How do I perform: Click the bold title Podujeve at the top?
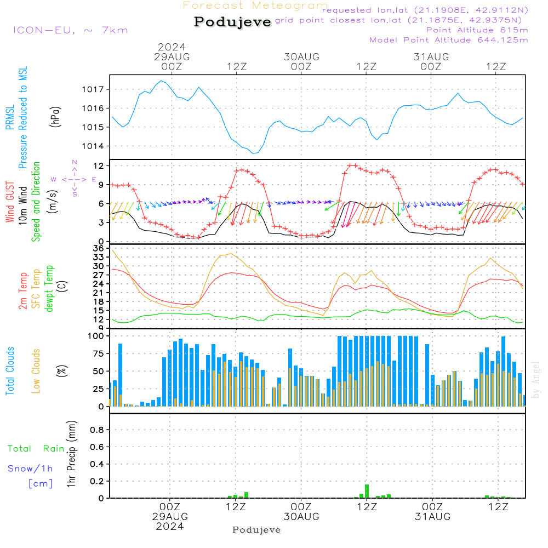pos(232,22)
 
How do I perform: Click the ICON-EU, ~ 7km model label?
pos(71,30)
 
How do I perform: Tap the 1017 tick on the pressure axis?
pos(93,89)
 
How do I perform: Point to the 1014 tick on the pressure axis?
pos(93,146)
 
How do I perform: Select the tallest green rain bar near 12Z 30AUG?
pos(367,490)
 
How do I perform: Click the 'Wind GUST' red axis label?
pos(10,202)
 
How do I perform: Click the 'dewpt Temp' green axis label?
pos(49,288)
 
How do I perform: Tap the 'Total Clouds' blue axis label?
pos(10,371)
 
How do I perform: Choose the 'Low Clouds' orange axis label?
pos(36,371)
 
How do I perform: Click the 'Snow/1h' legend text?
pos(30,469)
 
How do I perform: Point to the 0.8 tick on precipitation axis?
pos(97,430)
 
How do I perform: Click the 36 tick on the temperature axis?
pos(99,248)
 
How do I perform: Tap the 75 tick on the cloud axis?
pos(99,353)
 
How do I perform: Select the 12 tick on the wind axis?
pos(99,165)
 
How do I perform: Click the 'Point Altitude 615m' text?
pos(477,30)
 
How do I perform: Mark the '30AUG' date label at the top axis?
pos(301,56)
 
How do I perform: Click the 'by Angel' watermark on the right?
pos(536,380)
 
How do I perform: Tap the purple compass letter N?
pos(75,162)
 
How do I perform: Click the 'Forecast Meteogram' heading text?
pos(255,5)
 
